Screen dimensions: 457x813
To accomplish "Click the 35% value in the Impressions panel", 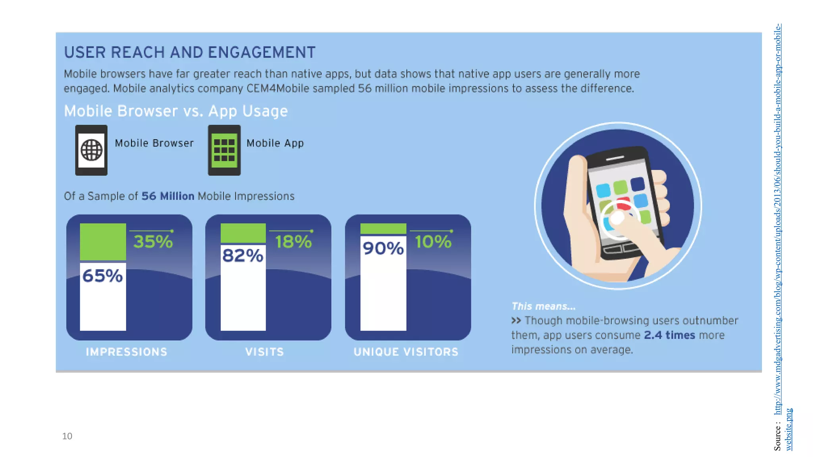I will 153,242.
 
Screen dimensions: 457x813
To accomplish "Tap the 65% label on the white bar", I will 102,276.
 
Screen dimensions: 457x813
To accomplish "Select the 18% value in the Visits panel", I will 293,242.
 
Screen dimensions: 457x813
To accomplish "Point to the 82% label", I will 243,255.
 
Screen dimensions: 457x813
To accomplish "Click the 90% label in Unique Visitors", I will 383,248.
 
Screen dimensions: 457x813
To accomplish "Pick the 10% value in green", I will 433,242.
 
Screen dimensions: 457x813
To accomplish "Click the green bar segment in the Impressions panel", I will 103,242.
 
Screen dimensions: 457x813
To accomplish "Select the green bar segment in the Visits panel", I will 243,233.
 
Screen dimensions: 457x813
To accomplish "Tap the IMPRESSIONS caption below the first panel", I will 126,352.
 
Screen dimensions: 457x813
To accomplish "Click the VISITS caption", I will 264,352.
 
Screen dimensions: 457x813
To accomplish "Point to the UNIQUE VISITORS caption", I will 406,352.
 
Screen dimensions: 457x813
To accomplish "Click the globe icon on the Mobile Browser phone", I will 91,150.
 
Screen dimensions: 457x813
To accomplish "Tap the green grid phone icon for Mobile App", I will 224,150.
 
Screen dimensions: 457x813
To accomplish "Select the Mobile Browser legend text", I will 154,143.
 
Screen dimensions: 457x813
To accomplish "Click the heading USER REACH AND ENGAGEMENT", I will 190,52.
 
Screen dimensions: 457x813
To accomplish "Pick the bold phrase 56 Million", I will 168,196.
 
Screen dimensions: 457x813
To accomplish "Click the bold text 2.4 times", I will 669,335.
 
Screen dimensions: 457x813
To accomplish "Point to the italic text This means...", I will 543,306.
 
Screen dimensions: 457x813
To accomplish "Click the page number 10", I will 67,436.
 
